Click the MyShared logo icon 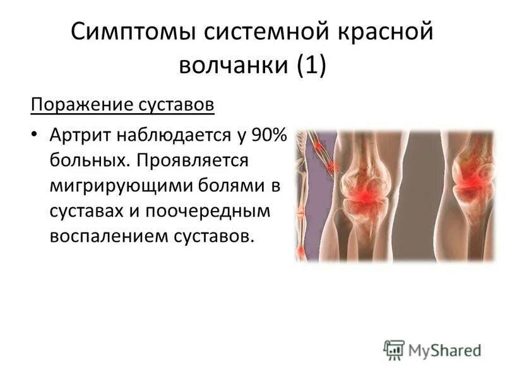click(393, 349)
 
